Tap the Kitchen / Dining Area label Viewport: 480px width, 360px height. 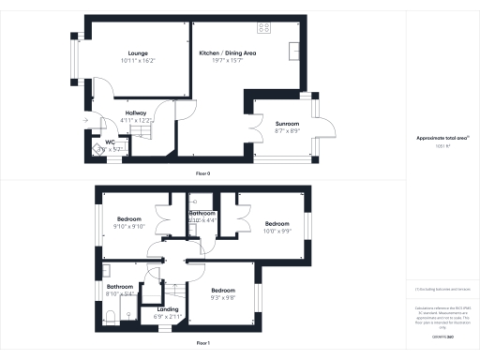(x=228, y=53)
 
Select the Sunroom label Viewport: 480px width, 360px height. (x=286, y=123)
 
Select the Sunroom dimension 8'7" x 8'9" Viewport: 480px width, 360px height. (x=286, y=130)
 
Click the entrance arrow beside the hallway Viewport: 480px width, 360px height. (x=85, y=120)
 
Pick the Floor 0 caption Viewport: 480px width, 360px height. (x=202, y=174)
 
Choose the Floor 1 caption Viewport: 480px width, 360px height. (x=202, y=344)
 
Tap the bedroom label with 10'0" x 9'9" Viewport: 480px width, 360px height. (x=277, y=223)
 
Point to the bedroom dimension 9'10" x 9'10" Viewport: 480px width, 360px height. (x=128, y=226)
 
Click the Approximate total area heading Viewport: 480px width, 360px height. (x=442, y=138)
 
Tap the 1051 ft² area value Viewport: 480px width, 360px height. (x=442, y=148)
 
